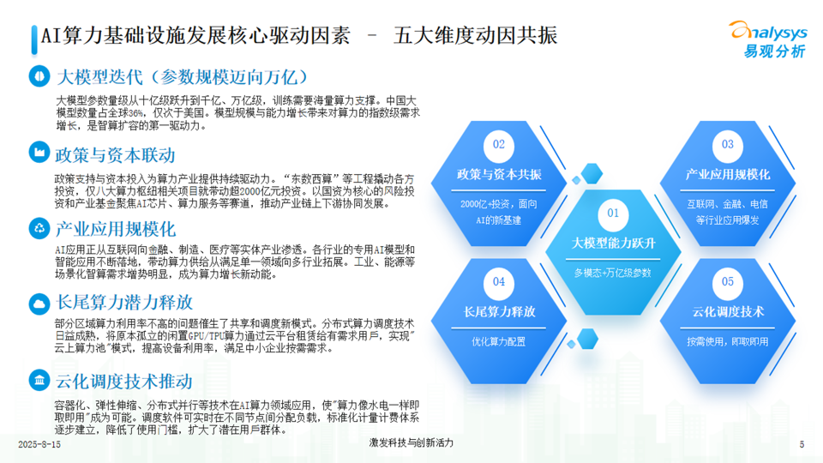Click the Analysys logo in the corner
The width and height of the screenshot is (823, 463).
click(x=768, y=39)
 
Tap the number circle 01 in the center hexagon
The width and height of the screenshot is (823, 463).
click(x=613, y=213)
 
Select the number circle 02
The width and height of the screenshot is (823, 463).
click(x=499, y=144)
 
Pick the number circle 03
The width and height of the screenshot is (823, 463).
click(x=728, y=144)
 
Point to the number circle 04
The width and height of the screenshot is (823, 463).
click(x=499, y=282)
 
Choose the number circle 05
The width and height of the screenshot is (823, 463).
click(x=728, y=282)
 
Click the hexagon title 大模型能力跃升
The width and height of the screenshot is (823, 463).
click(x=613, y=243)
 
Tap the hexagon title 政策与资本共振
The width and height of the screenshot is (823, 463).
click(x=499, y=174)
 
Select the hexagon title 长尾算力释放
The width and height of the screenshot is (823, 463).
click(x=499, y=312)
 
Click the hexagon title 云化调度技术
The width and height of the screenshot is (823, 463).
click(x=728, y=312)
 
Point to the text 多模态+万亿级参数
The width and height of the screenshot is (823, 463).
click(x=612, y=273)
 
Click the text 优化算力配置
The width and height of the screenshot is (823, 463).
click(x=499, y=342)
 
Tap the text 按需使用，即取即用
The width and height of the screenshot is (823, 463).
click(x=728, y=342)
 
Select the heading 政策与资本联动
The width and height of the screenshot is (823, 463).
click(x=115, y=155)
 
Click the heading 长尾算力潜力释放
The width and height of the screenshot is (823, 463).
click(x=123, y=303)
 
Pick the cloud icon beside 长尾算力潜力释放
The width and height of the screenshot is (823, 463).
click(x=39, y=304)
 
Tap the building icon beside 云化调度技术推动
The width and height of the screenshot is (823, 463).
click(x=39, y=380)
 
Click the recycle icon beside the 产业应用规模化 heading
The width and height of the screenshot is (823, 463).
click(x=39, y=228)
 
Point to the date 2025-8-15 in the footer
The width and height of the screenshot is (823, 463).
click(x=39, y=445)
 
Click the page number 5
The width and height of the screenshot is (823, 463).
click(x=802, y=445)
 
